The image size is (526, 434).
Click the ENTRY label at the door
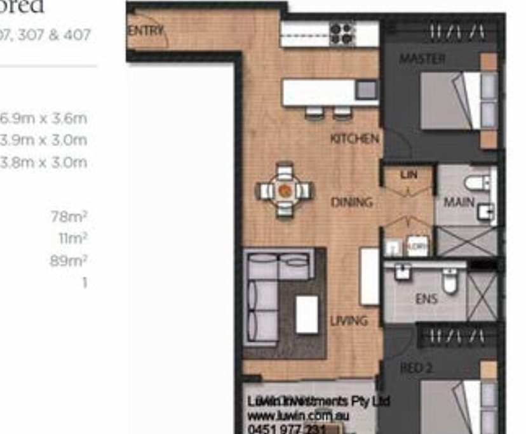pos(147,30)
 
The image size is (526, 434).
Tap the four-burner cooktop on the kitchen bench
pos(342,33)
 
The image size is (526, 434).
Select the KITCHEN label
pos(354,138)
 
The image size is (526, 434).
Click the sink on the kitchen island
pos(366,90)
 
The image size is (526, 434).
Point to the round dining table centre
pos(285,190)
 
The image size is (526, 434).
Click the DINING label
pos(351,202)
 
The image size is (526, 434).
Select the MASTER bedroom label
pos(422,59)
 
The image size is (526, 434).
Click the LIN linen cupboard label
pos(408,174)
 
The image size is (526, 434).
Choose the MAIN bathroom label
pos(459,202)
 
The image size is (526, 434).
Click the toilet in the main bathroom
pos(476,183)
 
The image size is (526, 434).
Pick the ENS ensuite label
pos(426,298)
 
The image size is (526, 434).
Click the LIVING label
pos(349,321)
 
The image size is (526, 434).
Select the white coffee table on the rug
pos(307,314)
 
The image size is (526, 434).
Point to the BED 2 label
pos(416,368)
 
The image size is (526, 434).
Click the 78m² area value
pos(69,217)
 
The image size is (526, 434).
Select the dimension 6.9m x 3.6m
pos(43,118)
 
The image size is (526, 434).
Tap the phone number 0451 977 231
pos(287,429)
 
